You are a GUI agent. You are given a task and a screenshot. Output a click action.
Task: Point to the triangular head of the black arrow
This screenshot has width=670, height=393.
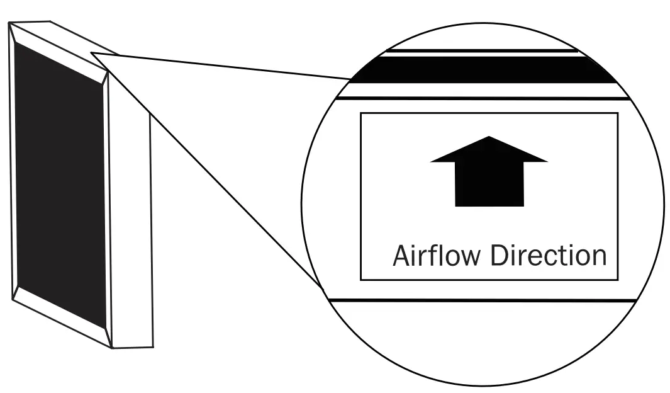tap(489, 151)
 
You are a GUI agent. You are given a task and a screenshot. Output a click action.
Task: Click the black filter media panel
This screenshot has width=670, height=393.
tap(60, 183)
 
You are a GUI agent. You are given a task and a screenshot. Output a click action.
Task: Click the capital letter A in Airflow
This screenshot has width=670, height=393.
tap(401, 256)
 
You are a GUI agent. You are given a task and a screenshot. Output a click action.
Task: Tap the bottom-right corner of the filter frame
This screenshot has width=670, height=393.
tap(153, 346)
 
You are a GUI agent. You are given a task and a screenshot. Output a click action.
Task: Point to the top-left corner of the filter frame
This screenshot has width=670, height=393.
tap(10, 23)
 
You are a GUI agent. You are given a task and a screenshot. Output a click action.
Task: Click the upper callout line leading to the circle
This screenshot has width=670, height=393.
tap(220, 66)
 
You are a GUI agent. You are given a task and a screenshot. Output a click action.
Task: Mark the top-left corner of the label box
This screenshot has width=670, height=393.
tap(360, 113)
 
